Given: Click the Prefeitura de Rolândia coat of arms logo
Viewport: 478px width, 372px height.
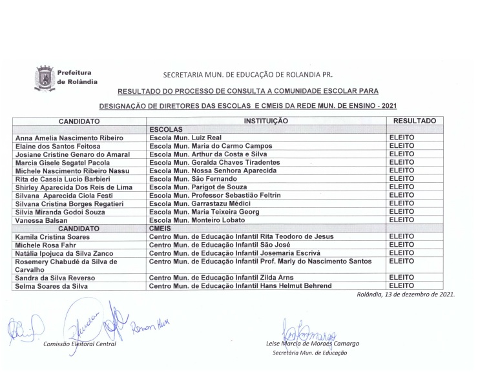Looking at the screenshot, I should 44,79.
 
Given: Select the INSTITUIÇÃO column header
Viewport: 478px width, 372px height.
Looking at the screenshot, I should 265,121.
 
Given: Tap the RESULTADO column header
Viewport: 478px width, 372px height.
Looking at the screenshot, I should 414,121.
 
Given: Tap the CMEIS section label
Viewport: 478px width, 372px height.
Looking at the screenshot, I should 160,228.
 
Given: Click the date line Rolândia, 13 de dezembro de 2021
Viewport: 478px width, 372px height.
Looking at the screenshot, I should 405,294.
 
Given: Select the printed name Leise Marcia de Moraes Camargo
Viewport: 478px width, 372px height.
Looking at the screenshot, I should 312,344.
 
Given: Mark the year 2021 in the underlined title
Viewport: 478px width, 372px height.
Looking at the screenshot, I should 385,105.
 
